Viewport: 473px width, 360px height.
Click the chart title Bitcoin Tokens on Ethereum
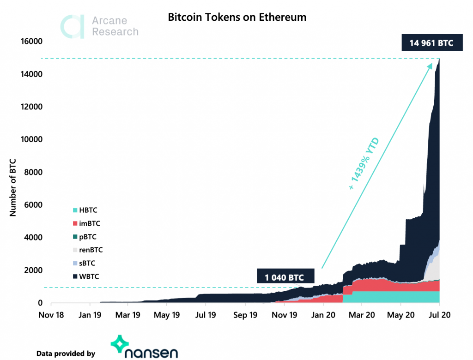pos(237,18)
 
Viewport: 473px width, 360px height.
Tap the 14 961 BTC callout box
pos(431,43)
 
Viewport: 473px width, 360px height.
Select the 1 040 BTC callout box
pos(286,278)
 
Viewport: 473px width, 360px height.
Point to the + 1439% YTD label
pos(364,164)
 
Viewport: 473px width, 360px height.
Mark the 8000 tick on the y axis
pos(34,173)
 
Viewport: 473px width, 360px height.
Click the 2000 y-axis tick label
pos(34,270)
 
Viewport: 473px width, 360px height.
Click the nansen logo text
pos(151,353)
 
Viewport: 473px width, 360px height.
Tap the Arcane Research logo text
pos(115,26)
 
